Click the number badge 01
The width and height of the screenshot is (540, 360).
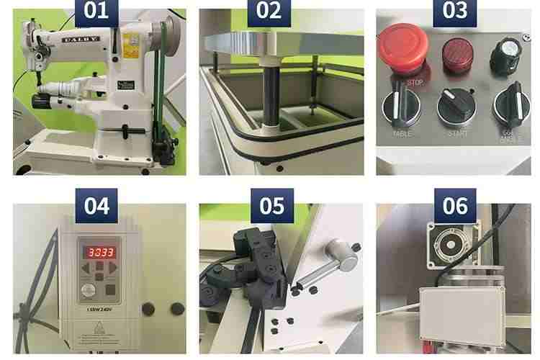pos(96,12)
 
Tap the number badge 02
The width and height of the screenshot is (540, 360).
pos(272,12)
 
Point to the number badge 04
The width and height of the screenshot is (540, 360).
pos(96,205)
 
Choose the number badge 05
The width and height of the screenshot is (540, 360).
pos(272,205)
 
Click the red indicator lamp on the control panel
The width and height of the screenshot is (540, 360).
pos(453,56)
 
